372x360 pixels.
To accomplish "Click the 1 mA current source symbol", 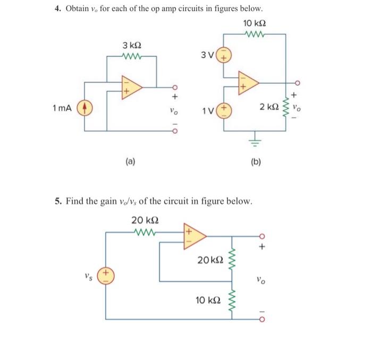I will (x=85, y=108).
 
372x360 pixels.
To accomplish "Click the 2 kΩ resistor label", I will (x=270, y=108).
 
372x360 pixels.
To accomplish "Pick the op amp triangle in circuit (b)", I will (x=248, y=82).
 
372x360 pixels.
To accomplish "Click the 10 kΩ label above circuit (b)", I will (x=254, y=23).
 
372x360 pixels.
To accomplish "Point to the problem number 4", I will (x=58, y=10).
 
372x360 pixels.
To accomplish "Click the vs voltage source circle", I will (x=106, y=276).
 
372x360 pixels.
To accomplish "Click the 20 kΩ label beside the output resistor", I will (x=210, y=260).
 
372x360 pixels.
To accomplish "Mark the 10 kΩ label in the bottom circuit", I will (x=208, y=300).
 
